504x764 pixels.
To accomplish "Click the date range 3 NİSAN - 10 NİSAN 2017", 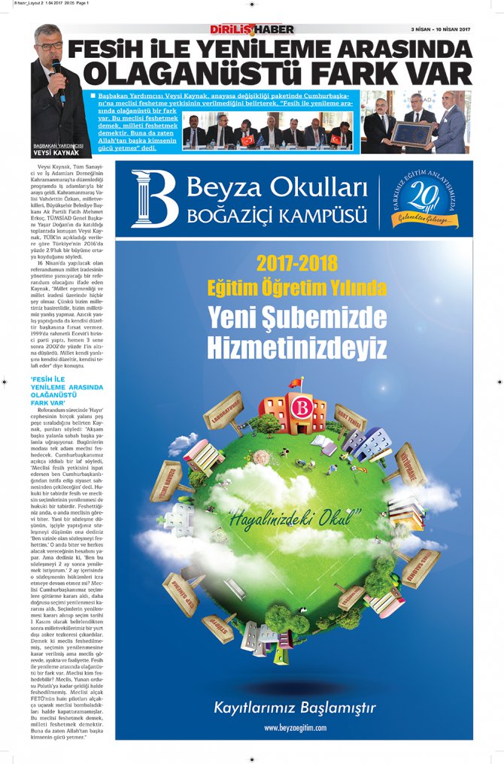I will (x=440, y=29).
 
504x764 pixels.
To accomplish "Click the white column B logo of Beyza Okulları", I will (x=153, y=198).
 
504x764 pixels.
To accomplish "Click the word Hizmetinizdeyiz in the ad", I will (x=296, y=347).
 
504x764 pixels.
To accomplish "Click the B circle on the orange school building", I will (x=301, y=410).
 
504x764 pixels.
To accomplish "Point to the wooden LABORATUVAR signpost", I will (x=223, y=411).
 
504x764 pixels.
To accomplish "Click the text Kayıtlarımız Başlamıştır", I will (x=294, y=708).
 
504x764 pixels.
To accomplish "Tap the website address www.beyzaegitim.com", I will (x=295, y=728).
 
